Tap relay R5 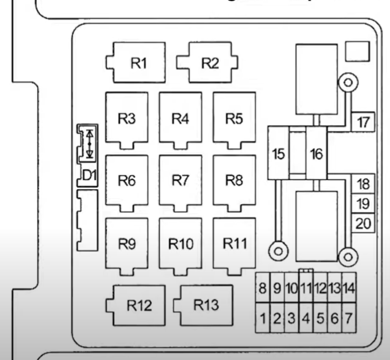[234, 119]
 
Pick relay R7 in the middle [181, 181]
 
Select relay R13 [207, 305]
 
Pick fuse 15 [278, 154]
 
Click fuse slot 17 [364, 123]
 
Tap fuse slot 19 [364, 204]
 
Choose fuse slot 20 [364, 223]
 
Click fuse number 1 [263, 319]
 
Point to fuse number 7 [348, 319]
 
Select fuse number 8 [263, 287]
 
